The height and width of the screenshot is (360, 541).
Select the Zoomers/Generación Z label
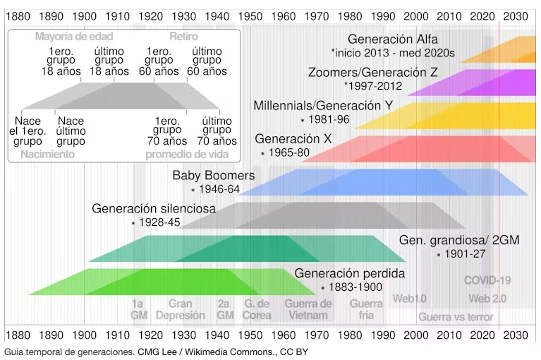[372, 73]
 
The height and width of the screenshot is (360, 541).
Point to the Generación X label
[293, 139]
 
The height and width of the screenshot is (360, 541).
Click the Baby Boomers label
[214, 175]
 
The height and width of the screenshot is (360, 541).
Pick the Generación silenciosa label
[154, 209]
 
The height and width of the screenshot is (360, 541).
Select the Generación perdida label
[349, 273]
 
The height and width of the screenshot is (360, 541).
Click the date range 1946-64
[219, 189]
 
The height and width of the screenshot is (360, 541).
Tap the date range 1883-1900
[351, 287]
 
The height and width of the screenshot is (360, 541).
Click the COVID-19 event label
[487, 280]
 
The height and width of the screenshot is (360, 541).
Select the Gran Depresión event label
[180, 309]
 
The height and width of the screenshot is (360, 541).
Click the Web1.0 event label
[409, 299]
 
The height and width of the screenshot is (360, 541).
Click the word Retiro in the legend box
[183, 36]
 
